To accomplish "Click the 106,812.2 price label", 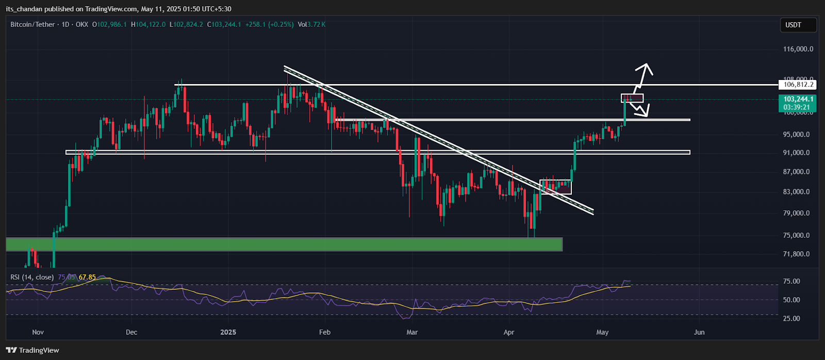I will [798, 85].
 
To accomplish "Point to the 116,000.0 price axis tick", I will [798, 50].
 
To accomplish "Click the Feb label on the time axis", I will [325, 332].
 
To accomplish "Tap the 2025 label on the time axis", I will [228, 332].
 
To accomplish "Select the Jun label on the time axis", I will [699, 332].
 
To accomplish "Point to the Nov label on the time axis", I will [38, 332].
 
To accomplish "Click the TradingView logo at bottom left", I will [33, 351].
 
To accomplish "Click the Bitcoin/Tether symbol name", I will [32, 25].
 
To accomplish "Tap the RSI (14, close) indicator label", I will [32, 277].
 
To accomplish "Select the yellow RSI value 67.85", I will [87, 277].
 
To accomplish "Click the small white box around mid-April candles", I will [555, 187].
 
